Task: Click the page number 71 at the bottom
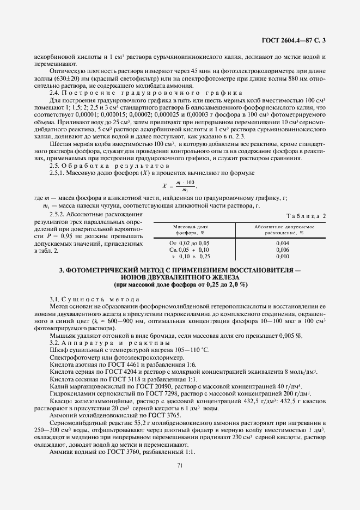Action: point(179,465)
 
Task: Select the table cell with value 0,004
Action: point(282,242)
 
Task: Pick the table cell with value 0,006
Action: point(282,249)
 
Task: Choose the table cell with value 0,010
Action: point(282,256)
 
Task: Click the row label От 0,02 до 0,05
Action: point(190,242)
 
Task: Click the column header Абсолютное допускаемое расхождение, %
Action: point(282,229)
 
